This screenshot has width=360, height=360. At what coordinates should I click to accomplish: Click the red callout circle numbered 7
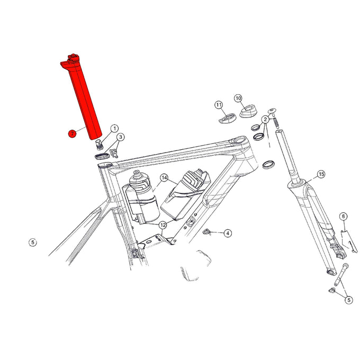pos(70,133)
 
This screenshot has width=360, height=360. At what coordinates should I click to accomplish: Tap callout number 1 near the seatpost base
pos(114,129)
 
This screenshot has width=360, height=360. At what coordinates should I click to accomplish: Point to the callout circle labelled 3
pos(121,138)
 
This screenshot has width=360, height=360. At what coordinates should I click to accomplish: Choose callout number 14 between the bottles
pos(164,177)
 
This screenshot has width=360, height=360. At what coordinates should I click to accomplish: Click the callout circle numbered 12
pos(163,225)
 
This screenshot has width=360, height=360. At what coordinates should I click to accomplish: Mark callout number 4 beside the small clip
pos(228,233)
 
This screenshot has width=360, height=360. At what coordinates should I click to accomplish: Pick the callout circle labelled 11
pos(218,105)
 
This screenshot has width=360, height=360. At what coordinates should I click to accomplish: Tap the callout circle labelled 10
pos(238,98)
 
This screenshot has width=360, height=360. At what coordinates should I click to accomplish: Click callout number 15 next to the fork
pos(320,174)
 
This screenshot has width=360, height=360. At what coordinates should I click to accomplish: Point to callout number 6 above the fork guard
pos(343,216)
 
